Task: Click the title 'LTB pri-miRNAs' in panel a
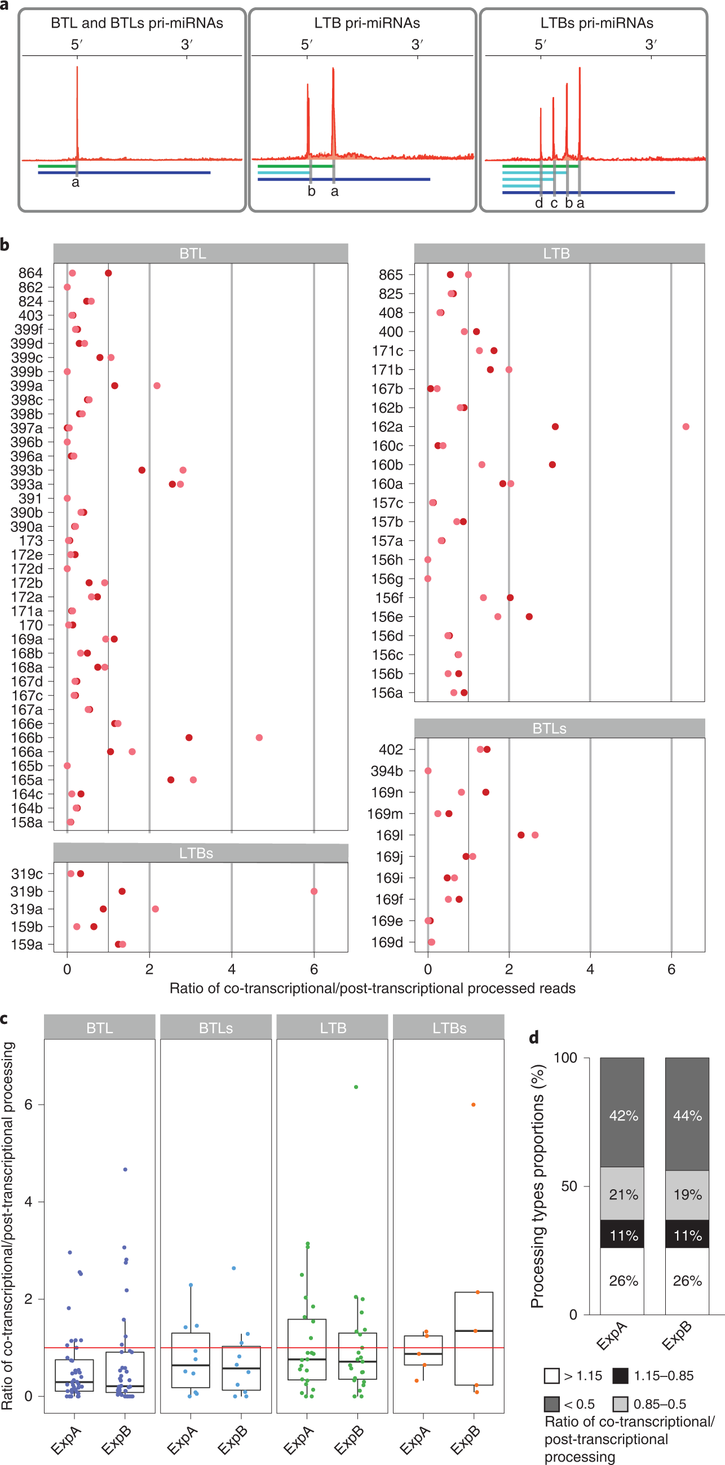367,23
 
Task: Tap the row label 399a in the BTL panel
26,386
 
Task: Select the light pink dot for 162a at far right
686,426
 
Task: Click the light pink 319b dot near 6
314,891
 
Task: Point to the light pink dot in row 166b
259,738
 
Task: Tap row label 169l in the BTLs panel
390,836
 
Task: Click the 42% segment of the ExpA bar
622,1115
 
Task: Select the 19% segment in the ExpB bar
687,1194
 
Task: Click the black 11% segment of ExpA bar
622,1235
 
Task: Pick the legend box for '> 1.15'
551,1376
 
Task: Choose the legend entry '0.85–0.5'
660,1404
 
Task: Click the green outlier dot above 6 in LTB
356,1087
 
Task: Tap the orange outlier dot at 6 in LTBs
473,1105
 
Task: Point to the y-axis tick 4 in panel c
28,1202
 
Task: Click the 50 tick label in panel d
569,1186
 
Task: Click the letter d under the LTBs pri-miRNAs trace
539,204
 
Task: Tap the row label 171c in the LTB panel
388,351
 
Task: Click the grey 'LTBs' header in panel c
449,1028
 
